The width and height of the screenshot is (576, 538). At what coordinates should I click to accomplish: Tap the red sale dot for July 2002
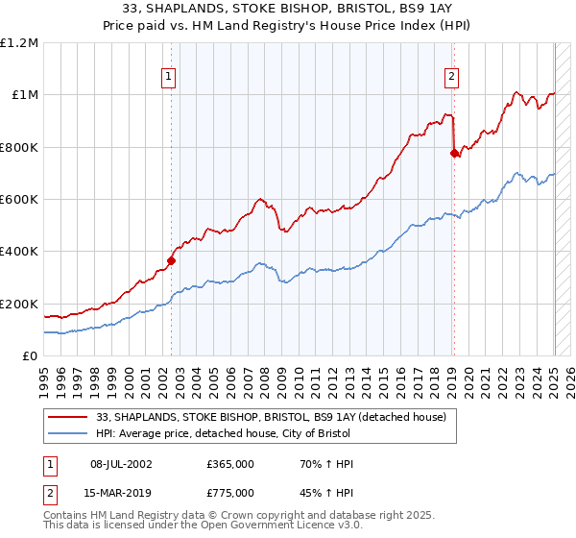(x=172, y=259)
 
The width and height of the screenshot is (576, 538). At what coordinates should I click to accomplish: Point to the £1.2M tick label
(x=19, y=42)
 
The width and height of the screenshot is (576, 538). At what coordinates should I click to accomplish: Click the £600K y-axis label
(x=19, y=199)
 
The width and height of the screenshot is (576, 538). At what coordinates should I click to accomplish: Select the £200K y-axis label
(x=19, y=304)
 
